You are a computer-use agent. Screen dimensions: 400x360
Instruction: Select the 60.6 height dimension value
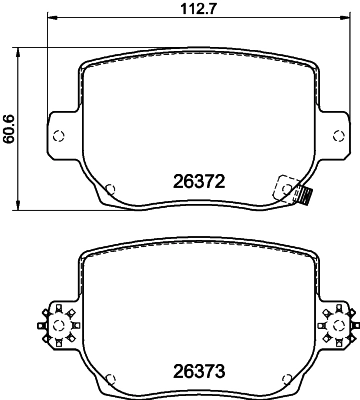click(9, 129)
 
